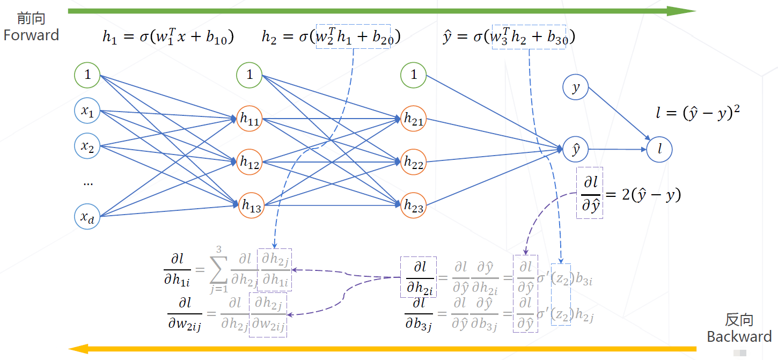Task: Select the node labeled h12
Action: click(x=250, y=161)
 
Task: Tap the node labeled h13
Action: click(x=251, y=205)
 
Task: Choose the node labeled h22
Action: click(x=414, y=161)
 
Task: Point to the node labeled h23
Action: click(x=414, y=205)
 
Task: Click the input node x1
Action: click(x=87, y=112)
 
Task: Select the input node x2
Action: click(x=87, y=146)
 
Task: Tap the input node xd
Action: click(x=87, y=217)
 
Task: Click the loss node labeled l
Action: click(x=659, y=150)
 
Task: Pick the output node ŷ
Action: click(x=576, y=150)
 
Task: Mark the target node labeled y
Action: click(x=576, y=87)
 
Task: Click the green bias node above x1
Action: click(x=87, y=75)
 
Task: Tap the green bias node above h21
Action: click(x=414, y=75)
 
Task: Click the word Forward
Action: click(x=31, y=35)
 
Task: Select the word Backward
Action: click(x=739, y=337)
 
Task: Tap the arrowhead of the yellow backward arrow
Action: click(x=78, y=349)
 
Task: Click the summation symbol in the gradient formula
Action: click(x=217, y=267)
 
